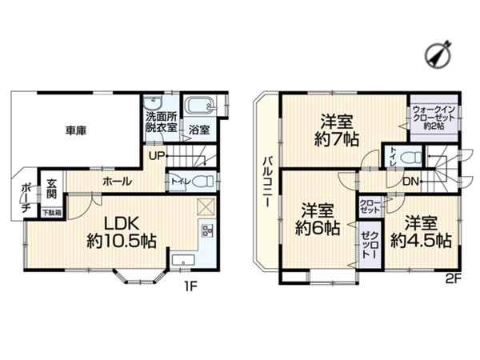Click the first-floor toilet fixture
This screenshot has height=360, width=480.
(201, 182)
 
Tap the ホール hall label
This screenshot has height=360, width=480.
(117, 182)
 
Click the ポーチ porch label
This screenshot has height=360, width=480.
(26, 198)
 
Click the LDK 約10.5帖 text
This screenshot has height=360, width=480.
(121, 230)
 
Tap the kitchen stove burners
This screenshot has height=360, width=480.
(206, 233)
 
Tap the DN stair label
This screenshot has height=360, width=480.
(410, 182)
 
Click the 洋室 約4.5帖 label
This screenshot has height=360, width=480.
(421, 230)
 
